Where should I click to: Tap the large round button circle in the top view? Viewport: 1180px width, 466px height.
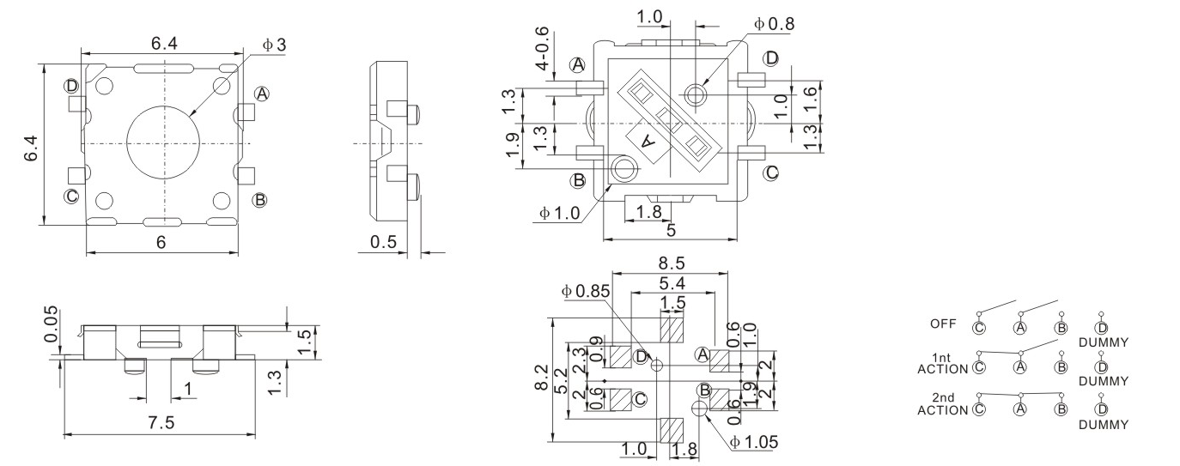[x=162, y=142]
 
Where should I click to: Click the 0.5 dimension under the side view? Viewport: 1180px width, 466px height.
[x=383, y=243]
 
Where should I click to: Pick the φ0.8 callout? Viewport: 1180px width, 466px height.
[x=774, y=24]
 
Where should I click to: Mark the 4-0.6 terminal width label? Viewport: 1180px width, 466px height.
[x=543, y=48]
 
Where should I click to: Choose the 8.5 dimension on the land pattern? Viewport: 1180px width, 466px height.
[x=672, y=264]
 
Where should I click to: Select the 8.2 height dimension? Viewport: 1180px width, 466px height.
[x=539, y=375]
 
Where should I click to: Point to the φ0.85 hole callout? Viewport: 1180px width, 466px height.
[x=586, y=292]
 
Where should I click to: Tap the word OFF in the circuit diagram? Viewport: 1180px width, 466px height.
[x=942, y=324]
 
